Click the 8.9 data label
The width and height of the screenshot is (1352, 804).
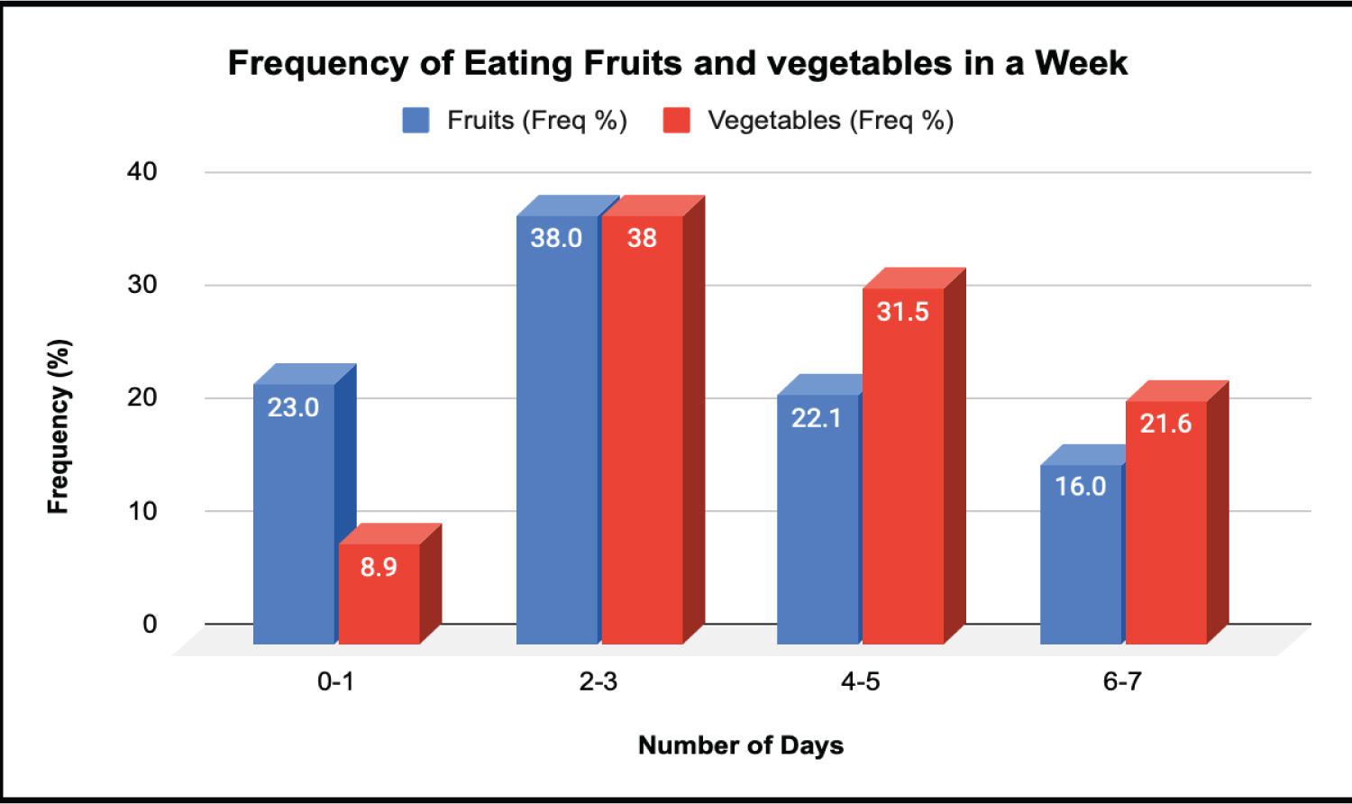pos(379,567)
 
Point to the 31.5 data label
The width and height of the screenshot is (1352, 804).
pos(902,312)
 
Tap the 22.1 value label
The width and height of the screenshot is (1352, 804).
pos(816,418)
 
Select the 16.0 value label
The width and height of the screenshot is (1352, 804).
pos(1080,487)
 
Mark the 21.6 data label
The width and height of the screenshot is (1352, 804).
pos(1165,424)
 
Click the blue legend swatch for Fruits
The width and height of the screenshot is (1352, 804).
pos(416,121)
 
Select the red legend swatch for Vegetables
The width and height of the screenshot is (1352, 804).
pos(676,121)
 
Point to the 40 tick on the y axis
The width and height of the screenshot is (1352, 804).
pos(142,171)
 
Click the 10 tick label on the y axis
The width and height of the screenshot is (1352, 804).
pos(142,511)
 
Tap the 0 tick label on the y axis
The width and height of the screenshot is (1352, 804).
pos(150,624)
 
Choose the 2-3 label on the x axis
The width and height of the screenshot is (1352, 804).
pos(598,681)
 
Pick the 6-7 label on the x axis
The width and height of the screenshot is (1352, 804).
pos(1122,681)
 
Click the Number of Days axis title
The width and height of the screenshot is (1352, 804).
pos(741,745)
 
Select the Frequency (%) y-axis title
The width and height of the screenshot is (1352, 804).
pos(59,426)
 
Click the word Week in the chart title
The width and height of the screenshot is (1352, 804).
pos(1081,63)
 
